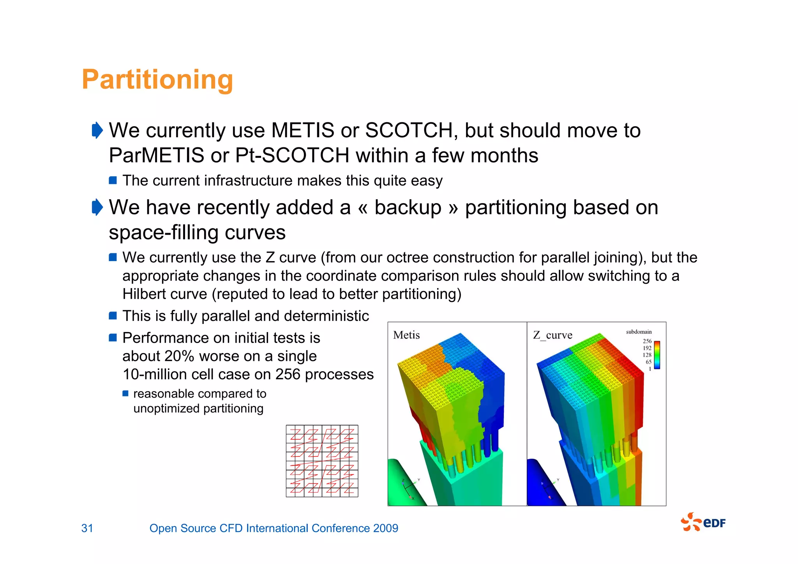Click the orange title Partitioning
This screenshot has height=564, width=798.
pyautogui.click(x=157, y=80)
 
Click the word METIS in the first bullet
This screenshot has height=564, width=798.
pyautogui.click(x=303, y=130)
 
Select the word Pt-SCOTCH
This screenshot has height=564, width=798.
pyautogui.click(x=292, y=156)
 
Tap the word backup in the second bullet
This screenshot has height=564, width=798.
pyautogui.click(x=408, y=207)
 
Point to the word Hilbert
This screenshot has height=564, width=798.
pyautogui.click(x=145, y=294)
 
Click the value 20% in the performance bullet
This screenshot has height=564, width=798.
pyautogui.click(x=179, y=356)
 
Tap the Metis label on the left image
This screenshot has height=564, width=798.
pyautogui.click(x=406, y=335)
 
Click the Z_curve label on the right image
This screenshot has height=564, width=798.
pyautogui.click(x=553, y=335)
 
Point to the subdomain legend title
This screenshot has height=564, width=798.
pyautogui.click(x=639, y=332)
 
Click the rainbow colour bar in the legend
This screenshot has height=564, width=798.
pyautogui.click(x=657, y=355)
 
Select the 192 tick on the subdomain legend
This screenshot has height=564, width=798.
pyautogui.click(x=647, y=348)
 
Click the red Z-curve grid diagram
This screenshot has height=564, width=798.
pyautogui.click(x=322, y=461)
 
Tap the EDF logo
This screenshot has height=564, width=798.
pyautogui.click(x=703, y=522)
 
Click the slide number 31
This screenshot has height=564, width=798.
pyautogui.click(x=87, y=528)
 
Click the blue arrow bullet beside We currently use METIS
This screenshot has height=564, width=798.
pyautogui.click(x=97, y=130)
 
